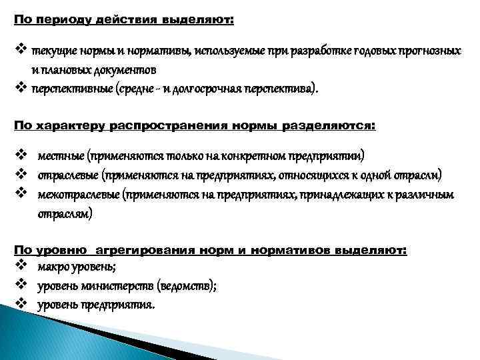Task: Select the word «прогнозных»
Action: pos(431,51)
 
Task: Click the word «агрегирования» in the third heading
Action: pos(149,250)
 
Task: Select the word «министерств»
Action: pos(118,286)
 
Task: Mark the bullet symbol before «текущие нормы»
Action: pos(20,51)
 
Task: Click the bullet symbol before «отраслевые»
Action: pos(21,175)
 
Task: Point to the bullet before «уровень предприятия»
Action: pos(21,305)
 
